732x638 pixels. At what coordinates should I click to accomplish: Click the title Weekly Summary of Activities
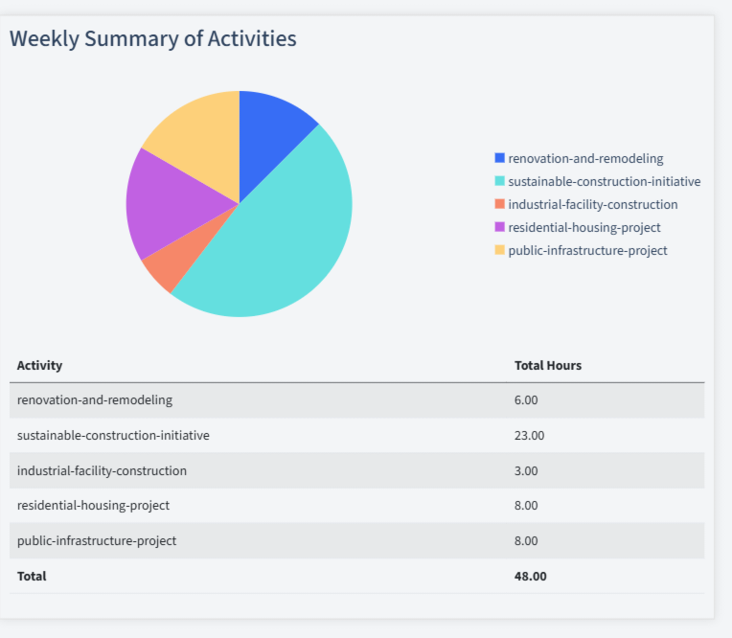(153, 39)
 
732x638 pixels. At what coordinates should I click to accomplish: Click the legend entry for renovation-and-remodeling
(585, 158)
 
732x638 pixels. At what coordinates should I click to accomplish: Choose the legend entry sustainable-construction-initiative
(604, 181)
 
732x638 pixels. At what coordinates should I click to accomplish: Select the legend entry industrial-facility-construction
(592, 204)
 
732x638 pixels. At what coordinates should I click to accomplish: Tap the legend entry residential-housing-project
(583, 227)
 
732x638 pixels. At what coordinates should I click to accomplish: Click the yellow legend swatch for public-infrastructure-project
(499, 250)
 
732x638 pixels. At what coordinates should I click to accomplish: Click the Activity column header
(40, 365)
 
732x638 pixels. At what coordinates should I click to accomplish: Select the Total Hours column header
(548, 365)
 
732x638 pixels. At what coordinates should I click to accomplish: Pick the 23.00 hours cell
(529, 435)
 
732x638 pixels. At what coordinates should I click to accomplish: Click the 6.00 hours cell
(526, 399)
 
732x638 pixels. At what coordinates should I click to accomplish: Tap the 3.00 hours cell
(526, 470)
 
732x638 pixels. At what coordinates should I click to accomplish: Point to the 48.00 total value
(531, 576)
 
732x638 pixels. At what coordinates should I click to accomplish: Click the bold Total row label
(32, 576)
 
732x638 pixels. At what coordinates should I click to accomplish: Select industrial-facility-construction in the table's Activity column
(102, 470)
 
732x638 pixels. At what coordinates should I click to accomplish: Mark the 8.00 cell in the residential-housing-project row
(526, 505)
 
